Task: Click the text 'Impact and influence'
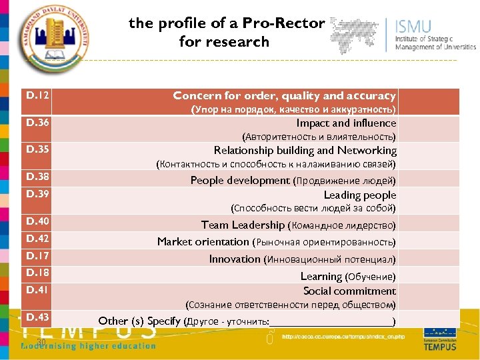tap(346, 123)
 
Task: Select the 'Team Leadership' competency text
tap(243, 225)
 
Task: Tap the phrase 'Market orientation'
tap(203, 241)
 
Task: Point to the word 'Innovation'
tap(235, 259)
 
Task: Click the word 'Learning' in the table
tap(321, 276)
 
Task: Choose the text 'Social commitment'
tap(349, 291)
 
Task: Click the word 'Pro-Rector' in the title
tap(284, 23)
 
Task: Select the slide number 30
tap(41, 342)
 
